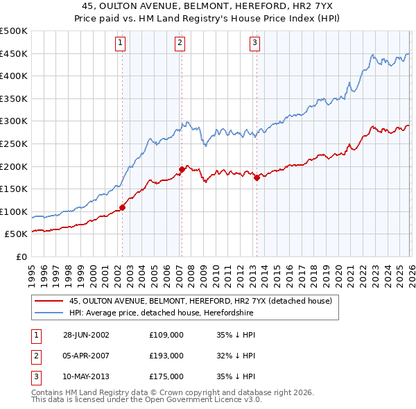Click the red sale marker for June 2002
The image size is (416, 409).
[x=123, y=207]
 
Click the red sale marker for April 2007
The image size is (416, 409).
[x=181, y=168]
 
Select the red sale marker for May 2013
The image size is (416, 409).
[x=257, y=177]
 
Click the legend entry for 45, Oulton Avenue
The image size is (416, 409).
[x=201, y=301]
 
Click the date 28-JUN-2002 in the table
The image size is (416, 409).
[x=86, y=335]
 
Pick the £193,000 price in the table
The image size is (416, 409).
[x=166, y=356]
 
